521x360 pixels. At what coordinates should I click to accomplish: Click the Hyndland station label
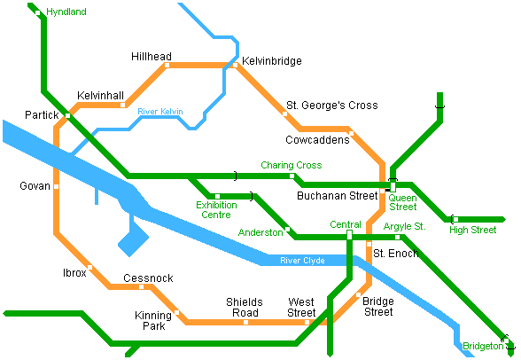click(66, 12)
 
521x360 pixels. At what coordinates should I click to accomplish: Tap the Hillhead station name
click(152, 55)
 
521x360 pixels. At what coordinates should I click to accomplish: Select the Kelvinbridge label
click(272, 61)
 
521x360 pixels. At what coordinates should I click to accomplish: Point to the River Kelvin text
click(160, 112)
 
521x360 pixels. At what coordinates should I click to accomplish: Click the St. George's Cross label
click(332, 106)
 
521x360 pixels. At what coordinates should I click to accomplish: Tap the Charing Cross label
click(291, 165)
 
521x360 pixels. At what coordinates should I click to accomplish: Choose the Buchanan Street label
click(337, 195)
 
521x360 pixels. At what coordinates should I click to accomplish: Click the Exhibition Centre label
click(216, 209)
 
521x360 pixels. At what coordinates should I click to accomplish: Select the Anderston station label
click(260, 232)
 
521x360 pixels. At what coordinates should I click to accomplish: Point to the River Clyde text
click(302, 261)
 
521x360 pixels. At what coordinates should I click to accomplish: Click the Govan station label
click(35, 186)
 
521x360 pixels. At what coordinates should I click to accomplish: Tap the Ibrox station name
click(74, 273)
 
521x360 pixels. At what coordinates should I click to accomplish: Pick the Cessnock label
click(148, 278)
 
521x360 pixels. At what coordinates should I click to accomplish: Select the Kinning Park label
click(153, 320)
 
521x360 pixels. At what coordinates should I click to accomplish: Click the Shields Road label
click(244, 307)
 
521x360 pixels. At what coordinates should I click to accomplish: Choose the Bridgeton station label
click(481, 346)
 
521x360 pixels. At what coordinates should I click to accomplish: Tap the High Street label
click(472, 231)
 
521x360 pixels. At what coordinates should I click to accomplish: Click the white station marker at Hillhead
click(167, 65)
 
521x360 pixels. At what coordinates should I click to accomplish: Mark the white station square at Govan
click(56, 186)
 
